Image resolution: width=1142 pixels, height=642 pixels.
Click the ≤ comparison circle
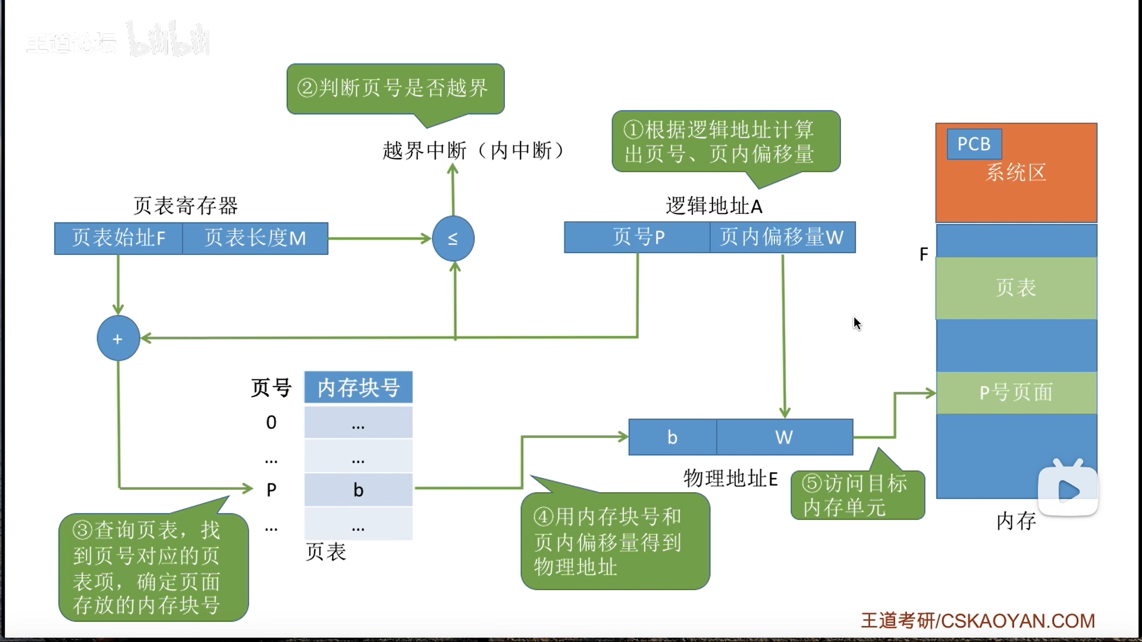tap(453, 238)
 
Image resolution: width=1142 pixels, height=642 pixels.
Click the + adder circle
tap(118, 338)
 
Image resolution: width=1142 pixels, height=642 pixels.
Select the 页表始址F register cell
tap(118, 238)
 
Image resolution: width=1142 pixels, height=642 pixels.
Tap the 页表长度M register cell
tap(255, 238)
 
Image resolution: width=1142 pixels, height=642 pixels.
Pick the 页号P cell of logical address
tap(638, 237)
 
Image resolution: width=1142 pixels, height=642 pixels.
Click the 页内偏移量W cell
tap(782, 237)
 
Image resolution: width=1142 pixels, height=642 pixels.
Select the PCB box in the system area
tap(974, 144)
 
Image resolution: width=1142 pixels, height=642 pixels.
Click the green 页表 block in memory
tap(1016, 288)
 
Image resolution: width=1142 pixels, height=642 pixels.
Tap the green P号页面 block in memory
tap(1016, 392)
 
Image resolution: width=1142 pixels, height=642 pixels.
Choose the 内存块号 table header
tap(358, 388)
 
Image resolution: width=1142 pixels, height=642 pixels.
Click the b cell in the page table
tap(358, 490)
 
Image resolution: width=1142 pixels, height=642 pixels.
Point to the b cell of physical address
tap(672, 437)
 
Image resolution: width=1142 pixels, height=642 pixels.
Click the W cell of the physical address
tap(784, 437)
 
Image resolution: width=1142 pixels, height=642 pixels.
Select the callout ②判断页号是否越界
tap(395, 88)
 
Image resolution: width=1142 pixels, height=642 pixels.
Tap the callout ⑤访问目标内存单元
tap(857, 495)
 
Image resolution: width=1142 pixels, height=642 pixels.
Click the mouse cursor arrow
tap(857, 323)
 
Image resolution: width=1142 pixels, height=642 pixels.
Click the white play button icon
tap(1068, 490)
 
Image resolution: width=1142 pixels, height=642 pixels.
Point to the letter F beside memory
tap(924, 254)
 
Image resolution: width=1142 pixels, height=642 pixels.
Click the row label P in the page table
tap(271, 490)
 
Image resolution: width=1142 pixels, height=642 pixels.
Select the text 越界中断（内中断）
tap(473, 150)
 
